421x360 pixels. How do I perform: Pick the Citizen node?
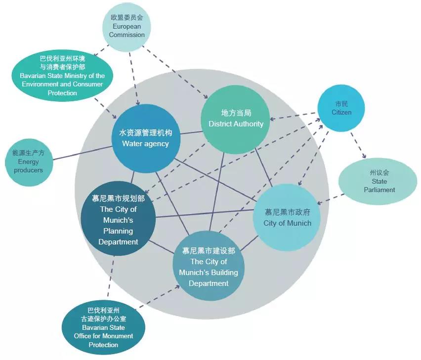click(341, 109)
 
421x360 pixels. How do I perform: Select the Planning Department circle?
click(118, 220)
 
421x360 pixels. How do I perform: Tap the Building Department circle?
click(208, 267)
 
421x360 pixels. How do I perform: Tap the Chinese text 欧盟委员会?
click(127, 17)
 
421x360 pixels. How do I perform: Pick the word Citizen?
click(341, 113)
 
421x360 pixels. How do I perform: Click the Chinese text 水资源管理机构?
click(145, 133)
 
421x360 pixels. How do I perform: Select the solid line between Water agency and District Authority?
click(190, 132)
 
